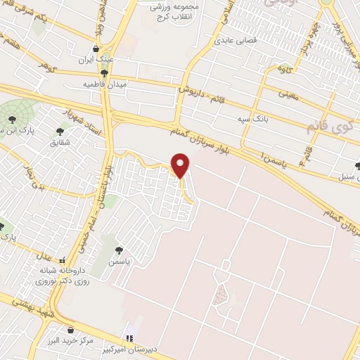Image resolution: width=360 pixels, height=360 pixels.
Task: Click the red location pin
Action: pos(181,165)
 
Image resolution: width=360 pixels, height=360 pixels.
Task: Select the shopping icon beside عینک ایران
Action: pos(96,49)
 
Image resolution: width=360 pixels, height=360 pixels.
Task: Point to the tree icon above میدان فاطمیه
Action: pos(104,72)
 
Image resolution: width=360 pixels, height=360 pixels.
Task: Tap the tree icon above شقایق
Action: pos(60,131)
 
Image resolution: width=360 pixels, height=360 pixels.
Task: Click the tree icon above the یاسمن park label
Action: pos(120,250)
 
